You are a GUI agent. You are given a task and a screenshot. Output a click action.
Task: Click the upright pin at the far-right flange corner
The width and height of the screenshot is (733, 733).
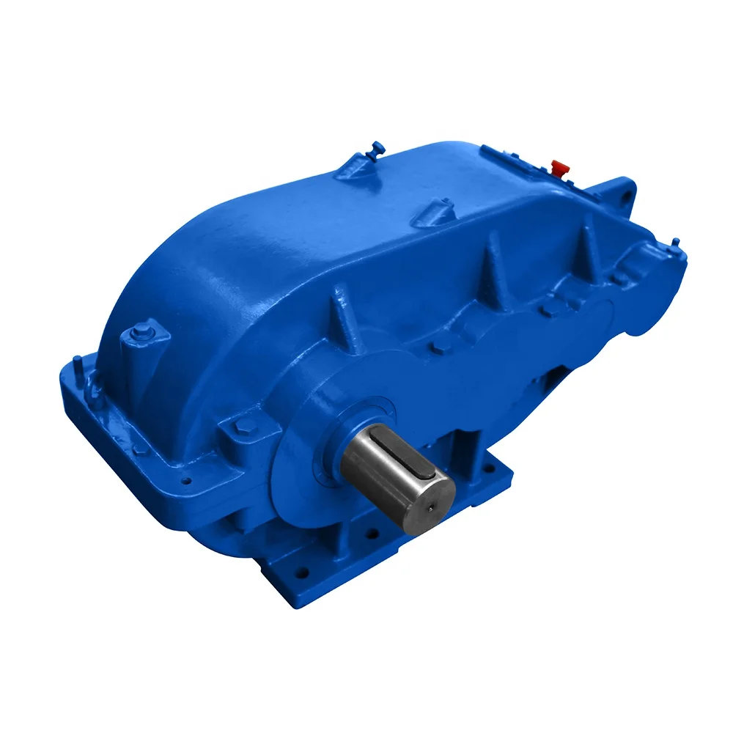675,242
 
